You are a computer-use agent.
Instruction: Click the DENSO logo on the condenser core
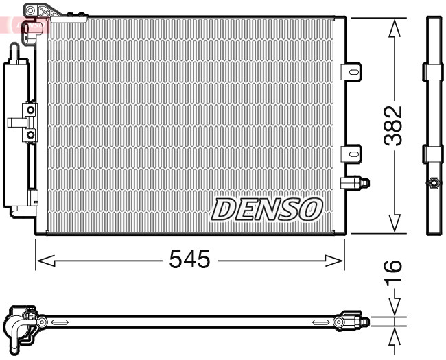coord(267,208)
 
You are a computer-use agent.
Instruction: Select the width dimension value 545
coord(189,259)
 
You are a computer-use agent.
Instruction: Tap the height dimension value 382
coord(393,125)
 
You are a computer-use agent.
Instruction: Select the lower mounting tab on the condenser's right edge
coord(351,153)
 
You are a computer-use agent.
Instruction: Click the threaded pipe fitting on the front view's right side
coord(356,182)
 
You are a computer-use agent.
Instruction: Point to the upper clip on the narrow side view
coord(434,71)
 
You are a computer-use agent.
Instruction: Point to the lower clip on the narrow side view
coord(434,153)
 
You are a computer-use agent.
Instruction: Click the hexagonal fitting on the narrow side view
coord(434,183)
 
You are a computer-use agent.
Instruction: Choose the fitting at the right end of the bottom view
coord(354,321)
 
